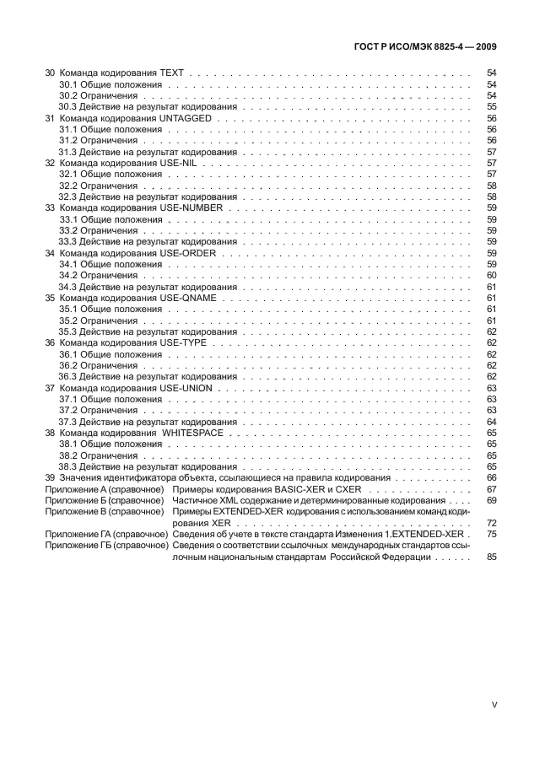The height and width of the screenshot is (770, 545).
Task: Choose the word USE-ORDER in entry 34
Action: [188, 252]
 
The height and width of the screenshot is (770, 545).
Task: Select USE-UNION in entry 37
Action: [186, 388]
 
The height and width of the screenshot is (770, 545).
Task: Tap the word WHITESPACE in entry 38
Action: [196, 432]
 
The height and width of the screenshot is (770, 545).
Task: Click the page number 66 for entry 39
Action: [492, 477]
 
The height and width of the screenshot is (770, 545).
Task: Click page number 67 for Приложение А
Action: [492, 488]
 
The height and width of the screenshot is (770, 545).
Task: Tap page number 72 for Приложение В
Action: [492, 522]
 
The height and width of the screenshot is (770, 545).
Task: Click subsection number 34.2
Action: [68, 275]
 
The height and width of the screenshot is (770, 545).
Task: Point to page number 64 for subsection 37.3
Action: [492, 421]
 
